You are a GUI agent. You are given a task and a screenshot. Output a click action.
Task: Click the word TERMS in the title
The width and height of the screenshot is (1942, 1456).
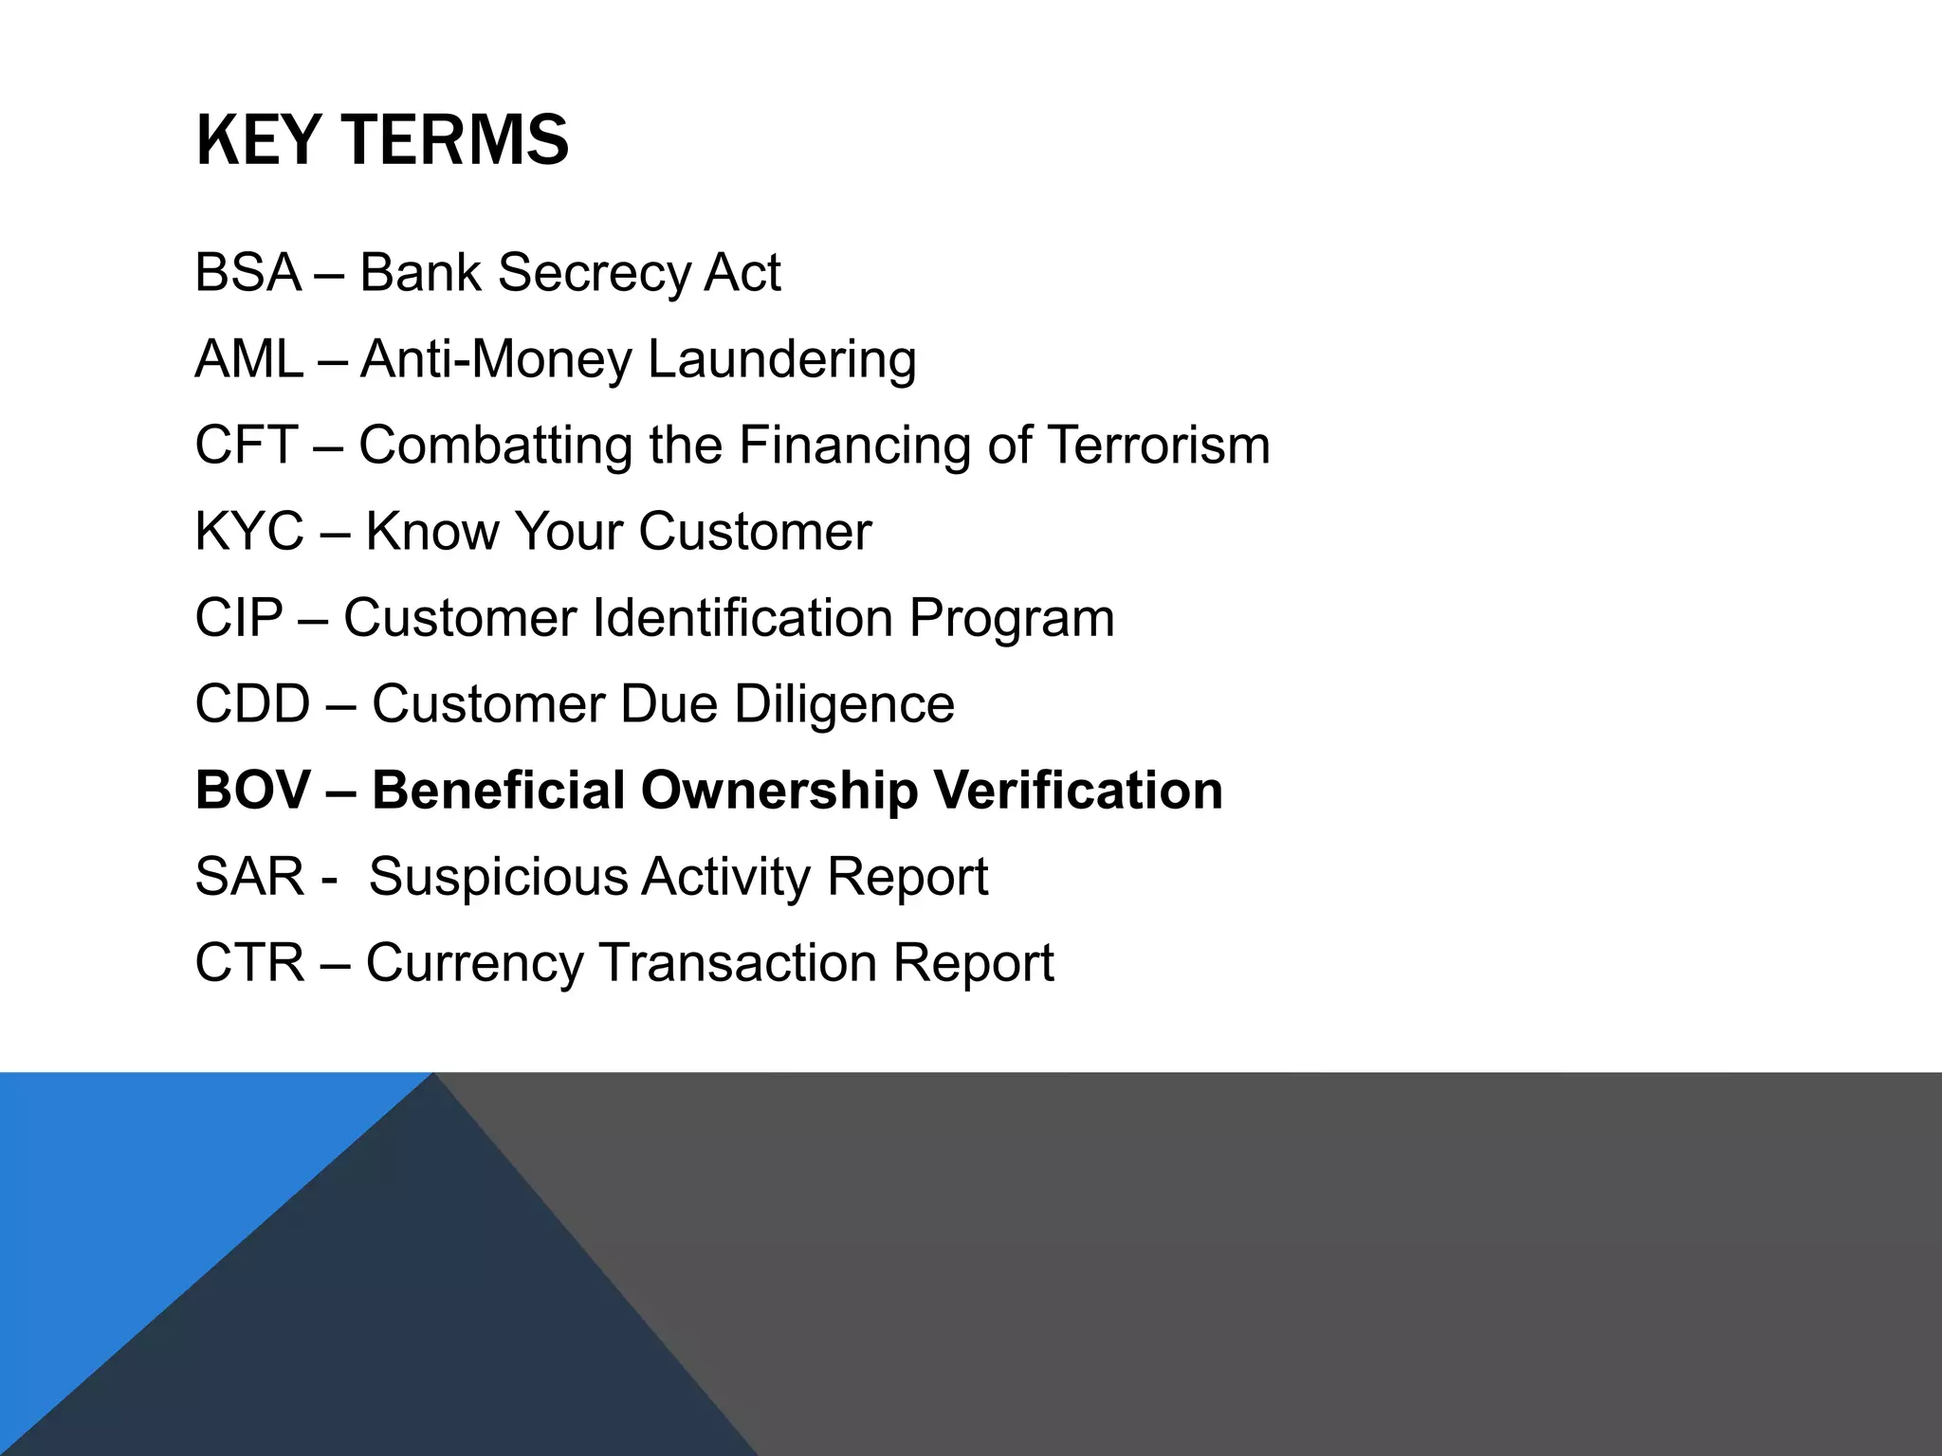pos(454,140)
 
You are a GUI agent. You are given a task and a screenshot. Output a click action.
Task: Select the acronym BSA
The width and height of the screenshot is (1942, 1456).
pos(247,273)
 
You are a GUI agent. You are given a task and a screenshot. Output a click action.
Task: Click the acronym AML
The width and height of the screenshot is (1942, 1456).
pos(249,359)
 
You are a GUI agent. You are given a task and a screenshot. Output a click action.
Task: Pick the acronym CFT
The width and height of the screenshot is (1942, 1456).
pos(247,446)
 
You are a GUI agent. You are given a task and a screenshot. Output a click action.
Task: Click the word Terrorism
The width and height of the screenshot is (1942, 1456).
pos(1158,446)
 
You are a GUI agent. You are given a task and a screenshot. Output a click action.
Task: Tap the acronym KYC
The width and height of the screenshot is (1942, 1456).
pos(249,532)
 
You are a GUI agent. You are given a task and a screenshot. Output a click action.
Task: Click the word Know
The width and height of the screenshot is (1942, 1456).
pos(432,532)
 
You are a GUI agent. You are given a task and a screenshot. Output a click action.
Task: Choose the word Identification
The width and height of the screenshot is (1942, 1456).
pos(742,618)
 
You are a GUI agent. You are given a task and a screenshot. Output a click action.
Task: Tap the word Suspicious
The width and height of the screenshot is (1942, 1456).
pos(498,878)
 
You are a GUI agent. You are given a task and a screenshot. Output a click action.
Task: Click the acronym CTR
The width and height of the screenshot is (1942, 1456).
pos(249,963)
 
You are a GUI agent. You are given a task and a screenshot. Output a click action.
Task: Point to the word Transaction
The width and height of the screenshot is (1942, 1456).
pos(738,963)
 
